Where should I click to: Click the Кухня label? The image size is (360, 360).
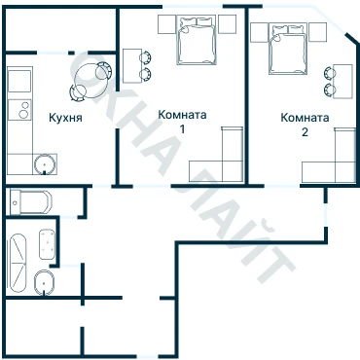pos(65,118)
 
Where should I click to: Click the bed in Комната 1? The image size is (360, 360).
pos(197,40)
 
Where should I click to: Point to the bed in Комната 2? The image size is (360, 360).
pos(288,49)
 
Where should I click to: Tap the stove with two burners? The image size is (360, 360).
pos(19,110)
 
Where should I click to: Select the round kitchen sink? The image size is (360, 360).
pos(44,164)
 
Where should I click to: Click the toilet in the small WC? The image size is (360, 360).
pos(31,202)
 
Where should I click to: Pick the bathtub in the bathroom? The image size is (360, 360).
pos(18,263)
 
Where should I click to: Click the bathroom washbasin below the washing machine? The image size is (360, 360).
pos(44,282)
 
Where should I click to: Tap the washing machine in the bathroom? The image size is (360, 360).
pos(48,244)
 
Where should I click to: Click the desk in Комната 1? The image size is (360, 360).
pos(132,66)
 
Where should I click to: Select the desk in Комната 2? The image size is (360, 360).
pos(342,81)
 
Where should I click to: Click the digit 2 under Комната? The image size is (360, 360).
pos(305,132)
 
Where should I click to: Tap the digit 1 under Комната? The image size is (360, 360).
pos(183,129)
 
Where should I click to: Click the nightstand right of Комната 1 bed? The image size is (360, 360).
pos(227,24)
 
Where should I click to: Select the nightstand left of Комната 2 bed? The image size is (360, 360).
pos(260,32)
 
